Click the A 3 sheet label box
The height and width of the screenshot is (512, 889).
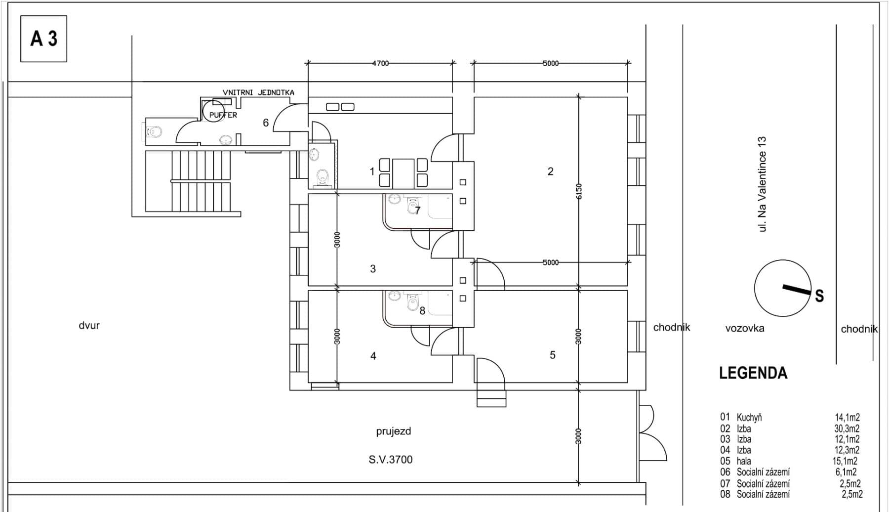(43, 39)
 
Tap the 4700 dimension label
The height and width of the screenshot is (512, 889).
(380, 63)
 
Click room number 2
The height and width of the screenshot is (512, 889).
(551, 171)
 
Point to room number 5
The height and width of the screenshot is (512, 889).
(552, 355)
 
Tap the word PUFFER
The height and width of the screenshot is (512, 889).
(223, 115)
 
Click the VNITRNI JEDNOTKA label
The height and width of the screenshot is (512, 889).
(258, 92)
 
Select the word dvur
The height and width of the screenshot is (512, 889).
(89, 326)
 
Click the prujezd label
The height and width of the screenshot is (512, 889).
(393, 431)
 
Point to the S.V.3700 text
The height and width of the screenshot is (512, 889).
(390, 460)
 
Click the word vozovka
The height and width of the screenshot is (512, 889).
(744, 328)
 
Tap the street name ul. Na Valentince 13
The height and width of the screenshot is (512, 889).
(763, 184)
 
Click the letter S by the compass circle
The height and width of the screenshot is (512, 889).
(819, 296)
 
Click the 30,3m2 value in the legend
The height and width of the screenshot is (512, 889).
(847, 428)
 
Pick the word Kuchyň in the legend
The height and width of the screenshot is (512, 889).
(749, 418)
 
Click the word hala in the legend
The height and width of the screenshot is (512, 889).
(743, 461)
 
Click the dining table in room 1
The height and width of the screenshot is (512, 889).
(403, 173)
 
